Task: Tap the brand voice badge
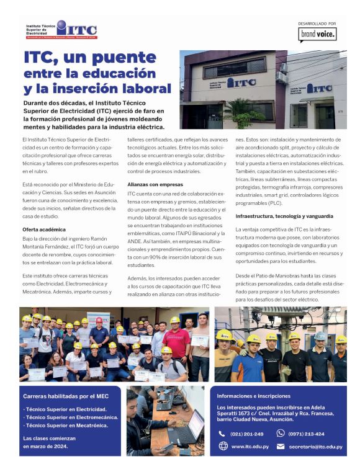pyautogui.click(x=317, y=35)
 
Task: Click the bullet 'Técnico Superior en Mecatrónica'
pyautogui.click(x=65, y=425)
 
